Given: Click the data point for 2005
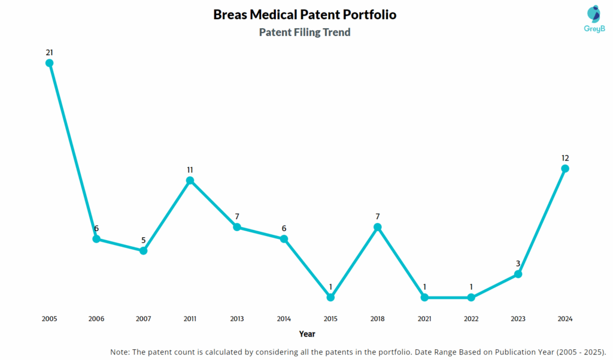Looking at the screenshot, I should point(50,63).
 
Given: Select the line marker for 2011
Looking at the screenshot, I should point(190,180).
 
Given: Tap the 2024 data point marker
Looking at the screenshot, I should point(565,168).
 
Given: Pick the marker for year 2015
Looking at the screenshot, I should point(330,297).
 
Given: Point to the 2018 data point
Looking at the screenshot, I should point(377,227).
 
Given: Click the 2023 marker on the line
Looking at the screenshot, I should point(518,274).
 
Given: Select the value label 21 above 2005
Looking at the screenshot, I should point(50,52).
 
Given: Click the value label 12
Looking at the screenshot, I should point(565,158).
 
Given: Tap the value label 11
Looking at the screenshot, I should point(190,170).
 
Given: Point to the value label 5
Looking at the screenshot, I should point(143,240).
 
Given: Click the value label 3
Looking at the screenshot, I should point(518,263).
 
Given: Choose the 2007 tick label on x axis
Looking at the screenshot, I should point(143,319).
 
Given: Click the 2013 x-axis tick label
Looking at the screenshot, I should point(237,319).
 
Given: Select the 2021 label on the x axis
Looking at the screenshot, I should point(424,319).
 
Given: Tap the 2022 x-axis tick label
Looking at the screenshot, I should point(471,319).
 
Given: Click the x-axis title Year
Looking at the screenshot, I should point(307,334).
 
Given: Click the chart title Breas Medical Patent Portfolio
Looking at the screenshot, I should point(305,14).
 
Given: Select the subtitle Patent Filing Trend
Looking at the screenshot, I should point(305,32).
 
